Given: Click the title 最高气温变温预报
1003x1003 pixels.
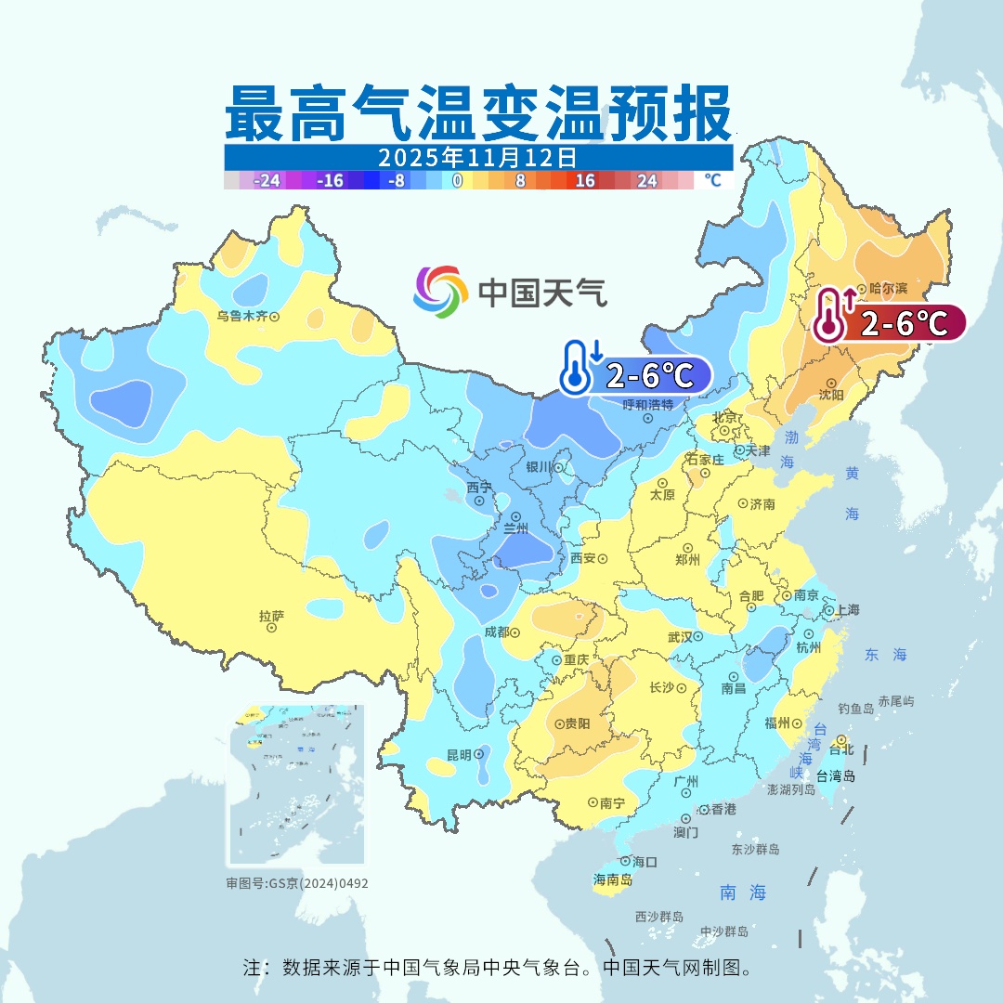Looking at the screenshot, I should [478, 112].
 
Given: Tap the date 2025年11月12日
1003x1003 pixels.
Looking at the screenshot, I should [478, 156].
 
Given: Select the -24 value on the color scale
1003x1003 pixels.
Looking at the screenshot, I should [267, 180].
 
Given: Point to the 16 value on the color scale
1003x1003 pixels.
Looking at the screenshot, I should [585, 180].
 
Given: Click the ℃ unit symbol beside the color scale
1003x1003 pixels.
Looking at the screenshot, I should [711, 180].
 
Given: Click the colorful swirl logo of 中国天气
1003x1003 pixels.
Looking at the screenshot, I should [440, 292].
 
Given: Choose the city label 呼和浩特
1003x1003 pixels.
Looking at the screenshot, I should [648, 405].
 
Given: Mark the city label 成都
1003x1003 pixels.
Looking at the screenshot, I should [497, 632].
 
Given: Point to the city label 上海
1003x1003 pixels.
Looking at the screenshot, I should [847, 610].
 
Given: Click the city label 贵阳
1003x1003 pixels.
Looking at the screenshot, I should [577, 723].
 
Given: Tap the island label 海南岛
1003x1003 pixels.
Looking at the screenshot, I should [613, 879].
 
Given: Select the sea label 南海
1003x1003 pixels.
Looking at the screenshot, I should [743, 892].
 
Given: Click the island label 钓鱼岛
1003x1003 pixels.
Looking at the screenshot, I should [855, 709].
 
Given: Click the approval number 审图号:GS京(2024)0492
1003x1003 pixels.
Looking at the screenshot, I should [296, 883].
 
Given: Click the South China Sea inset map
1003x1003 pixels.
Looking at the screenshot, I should [296, 785].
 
